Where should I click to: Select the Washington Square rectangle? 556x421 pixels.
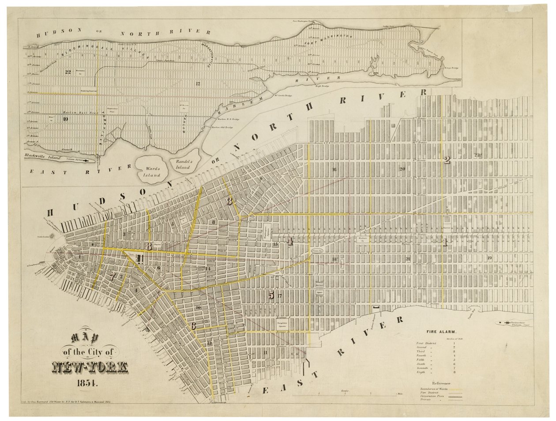click(x=268, y=228)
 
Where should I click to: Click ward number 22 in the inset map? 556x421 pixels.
click(x=68, y=72)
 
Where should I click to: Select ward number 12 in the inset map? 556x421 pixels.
click(x=198, y=83)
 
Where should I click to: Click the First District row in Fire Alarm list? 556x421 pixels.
click(x=428, y=343)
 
